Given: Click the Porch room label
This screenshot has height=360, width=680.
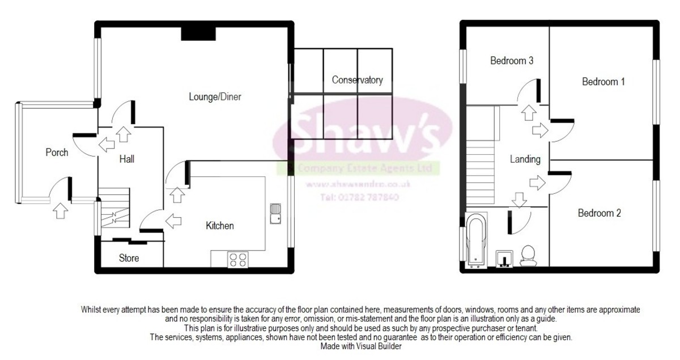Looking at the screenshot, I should click(57, 152).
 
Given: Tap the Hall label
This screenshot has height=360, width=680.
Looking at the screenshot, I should click(126, 160).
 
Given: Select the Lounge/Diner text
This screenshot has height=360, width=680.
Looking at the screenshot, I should click(215, 97).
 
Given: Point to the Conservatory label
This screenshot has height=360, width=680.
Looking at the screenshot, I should click(357, 80).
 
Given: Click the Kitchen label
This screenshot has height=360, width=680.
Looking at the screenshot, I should click(219, 226).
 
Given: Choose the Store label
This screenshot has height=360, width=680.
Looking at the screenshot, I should click(129, 258).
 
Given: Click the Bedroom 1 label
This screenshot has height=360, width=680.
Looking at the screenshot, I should click(603, 82).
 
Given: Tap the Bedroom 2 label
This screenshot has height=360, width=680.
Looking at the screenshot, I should click(600, 213).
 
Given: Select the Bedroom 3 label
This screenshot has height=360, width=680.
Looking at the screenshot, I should click(511, 61).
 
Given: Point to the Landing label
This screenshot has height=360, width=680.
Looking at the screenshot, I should click(525, 159).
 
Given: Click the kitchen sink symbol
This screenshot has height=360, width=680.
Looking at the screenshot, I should click(277, 214).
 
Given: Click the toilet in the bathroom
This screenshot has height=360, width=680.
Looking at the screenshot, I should click(529, 256).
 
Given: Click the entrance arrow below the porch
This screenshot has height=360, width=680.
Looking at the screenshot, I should click(60, 210).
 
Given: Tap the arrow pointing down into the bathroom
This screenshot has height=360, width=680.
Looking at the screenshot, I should click(517, 200).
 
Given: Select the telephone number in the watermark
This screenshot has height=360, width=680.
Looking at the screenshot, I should click(359, 198).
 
